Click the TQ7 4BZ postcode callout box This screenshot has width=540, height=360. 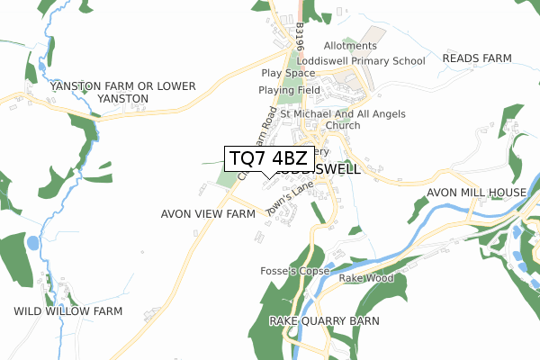[x=269, y=158]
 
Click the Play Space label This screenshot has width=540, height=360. [x=288, y=73]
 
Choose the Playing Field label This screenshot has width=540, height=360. [x=289, y=90]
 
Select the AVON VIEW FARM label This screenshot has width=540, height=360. [x=208, y=214]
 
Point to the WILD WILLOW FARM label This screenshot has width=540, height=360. [x=68, y=311]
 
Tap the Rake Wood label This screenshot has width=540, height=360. [x=366, y=278]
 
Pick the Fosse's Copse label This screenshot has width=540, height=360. [x=295, y=271]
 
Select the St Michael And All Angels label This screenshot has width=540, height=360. [x=343, y=114]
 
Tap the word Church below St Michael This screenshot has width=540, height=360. [x=343, y=126]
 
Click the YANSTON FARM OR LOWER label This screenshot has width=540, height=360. [x=123, y=85]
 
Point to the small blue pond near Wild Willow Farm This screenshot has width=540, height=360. [x=33, y=243]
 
